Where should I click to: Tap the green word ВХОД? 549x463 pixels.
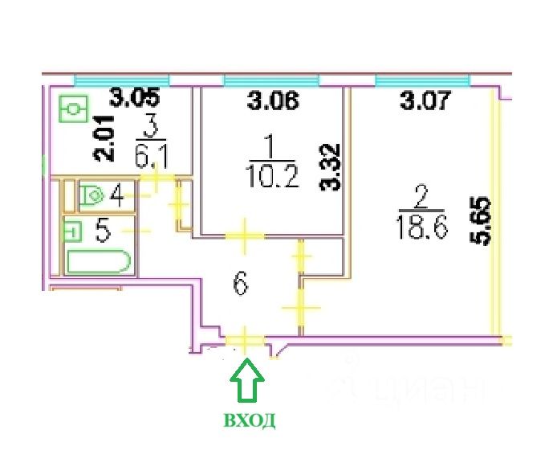coord(250,420)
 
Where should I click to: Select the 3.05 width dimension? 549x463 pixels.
coord(135,100)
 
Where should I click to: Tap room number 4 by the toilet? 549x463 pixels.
coord(117,195)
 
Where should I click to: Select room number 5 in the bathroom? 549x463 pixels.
coord(102,231)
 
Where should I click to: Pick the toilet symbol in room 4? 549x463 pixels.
coord(91,195)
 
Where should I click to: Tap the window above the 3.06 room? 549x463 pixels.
coord(271,80)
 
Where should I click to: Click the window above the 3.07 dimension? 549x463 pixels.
coord(423,80)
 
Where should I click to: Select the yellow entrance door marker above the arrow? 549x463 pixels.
coord(244,341)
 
